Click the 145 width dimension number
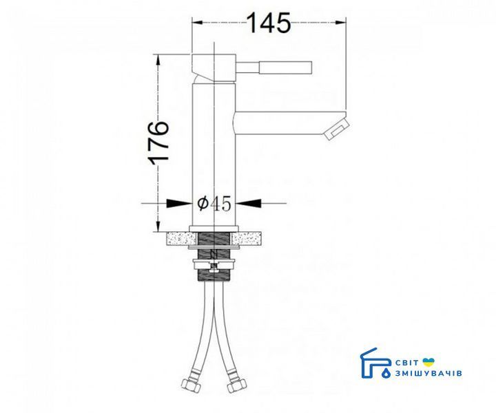pyautogui.click(x=269, y=23)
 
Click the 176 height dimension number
pyautogui.click(x=159, y=142)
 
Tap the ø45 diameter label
pyautogui.click(x=214, y=204)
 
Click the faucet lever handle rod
pyautogui.click(x=274, y=67)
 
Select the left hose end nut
pyautogui.click(x=191, y=385)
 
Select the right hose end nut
pyautogui.click(x=236, y=385)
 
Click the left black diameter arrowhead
pyautogui.click(x=179, y=204)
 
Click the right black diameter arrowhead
pyautogui.click(x=249, y=204)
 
